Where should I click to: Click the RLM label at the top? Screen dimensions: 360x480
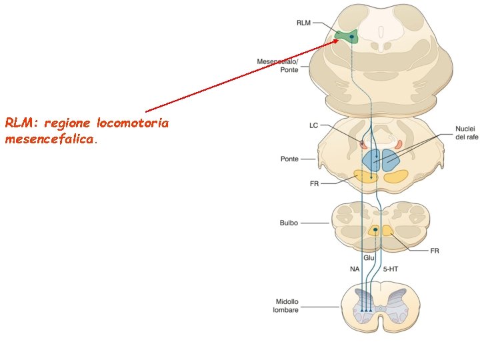tap(303, 22)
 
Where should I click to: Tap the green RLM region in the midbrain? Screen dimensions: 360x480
tap(347, 36)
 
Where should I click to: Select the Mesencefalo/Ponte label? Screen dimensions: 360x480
tap(278, 65)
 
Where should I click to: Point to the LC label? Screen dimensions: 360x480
tap(313, 125)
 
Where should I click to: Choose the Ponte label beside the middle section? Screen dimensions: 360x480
tap(289, 159)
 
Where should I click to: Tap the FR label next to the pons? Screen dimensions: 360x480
tap(314, 183)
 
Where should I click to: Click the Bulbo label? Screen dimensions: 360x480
tap(289, 223)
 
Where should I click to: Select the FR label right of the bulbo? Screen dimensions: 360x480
tap(435, 251)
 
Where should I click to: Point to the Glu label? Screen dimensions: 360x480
tap(369, 257)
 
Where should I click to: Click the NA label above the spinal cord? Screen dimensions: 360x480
tap(355, 269)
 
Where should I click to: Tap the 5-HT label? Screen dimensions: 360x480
tap(391, 269)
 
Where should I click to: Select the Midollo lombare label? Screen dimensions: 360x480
tap(285, 305)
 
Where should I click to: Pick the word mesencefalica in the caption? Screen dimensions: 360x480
tap(50, 140)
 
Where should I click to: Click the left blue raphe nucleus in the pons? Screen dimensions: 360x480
tap(371, 159)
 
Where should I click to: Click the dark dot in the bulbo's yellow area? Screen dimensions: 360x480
tap(375, 230)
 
